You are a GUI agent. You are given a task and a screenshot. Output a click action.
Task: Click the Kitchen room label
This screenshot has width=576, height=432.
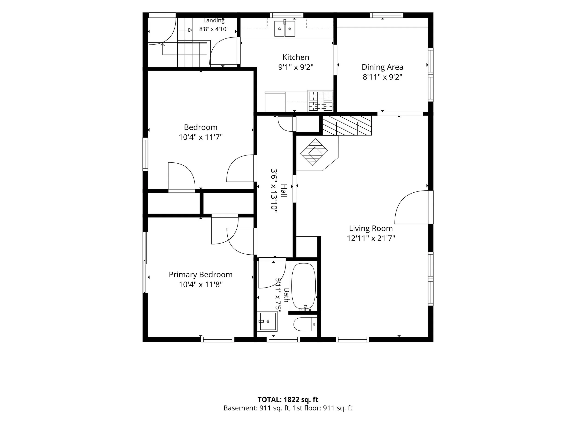coord(296,57)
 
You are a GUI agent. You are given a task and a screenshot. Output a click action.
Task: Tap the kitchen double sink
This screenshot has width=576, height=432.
coord(284,28)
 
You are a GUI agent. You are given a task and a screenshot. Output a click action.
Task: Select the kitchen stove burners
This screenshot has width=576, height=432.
coord(320,101)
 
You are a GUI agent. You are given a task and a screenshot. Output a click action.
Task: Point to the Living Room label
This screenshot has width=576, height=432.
coord(371,228)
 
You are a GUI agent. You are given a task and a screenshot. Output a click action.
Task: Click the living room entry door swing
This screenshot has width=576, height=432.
coord(412,207)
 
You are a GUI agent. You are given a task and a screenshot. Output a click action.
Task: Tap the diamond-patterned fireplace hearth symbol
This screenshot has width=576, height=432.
coord(314,152)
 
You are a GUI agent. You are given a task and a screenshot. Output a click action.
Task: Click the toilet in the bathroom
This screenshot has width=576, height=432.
coord(305,324)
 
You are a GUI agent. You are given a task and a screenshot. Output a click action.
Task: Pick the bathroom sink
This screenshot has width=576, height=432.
coord(267,321)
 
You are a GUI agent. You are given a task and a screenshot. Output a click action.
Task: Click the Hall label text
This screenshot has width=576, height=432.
coord(284,191)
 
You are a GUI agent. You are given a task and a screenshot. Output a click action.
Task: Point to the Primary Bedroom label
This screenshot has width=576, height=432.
coord(200,275)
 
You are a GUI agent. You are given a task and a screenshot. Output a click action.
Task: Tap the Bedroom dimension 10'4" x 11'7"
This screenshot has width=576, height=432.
coord(200,137)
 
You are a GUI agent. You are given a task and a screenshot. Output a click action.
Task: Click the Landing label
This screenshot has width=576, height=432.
coord(214,21)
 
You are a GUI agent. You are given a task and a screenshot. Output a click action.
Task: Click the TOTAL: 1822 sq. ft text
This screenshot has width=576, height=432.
coord(288,400)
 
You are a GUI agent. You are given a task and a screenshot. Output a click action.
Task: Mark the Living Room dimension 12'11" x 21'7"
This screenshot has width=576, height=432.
coord(371,238)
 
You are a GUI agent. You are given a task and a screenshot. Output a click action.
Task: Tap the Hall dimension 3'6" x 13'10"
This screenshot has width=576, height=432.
coord(274,191)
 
